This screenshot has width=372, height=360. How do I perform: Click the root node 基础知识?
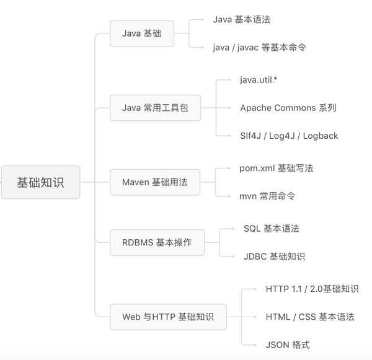point(40,182)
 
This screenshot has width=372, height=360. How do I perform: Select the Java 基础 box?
point(141,33)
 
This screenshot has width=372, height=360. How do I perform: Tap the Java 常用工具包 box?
point(155,108)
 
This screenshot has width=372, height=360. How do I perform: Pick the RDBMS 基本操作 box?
point(156,242)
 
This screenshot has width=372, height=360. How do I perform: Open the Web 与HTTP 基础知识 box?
point(168,317)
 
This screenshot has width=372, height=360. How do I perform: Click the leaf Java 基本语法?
point(241,20)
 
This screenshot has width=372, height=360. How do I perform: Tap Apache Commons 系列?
point(288,108)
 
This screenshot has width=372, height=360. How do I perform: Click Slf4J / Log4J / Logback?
point(289,136)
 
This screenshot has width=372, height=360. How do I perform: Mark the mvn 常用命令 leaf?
point(267,196)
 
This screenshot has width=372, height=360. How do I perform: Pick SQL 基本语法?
point(271,229)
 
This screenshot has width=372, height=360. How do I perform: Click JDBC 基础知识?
point(274,257)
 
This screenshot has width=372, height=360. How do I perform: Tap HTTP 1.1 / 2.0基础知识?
point(312,289)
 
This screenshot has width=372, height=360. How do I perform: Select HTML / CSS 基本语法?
point(309,317)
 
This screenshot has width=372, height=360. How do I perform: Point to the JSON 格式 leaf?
point(287,345)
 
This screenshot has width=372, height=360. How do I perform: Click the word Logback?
point(320,136)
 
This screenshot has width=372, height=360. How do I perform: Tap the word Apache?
point(256,108)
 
